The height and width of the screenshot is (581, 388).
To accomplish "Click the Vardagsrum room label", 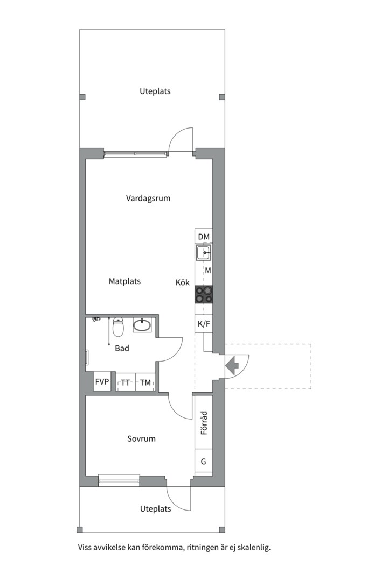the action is (x=148, y=198).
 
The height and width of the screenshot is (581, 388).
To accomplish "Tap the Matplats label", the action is (x=125, y=281).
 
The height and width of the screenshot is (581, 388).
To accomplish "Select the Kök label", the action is (x=183, y=282).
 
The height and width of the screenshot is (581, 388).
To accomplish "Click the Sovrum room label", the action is (x=142, y=439).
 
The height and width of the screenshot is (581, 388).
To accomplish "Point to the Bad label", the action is (x=122, y=348).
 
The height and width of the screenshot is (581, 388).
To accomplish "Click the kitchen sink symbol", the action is (x=204, y=253).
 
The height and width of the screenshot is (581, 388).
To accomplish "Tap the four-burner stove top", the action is (x=204, y=295).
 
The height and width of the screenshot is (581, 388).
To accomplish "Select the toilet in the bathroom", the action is (x=118, y=327).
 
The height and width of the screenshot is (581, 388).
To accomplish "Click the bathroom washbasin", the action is (x=142, y=325).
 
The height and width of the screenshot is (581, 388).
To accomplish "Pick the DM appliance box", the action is (x=204, y=236).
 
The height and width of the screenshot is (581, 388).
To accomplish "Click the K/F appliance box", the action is (x=204, y=324).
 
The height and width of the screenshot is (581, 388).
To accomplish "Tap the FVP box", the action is (x=102, y=381).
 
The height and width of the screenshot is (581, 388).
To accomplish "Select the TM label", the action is (x=145, y=383).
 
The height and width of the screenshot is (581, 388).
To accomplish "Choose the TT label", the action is (x=126, y=383).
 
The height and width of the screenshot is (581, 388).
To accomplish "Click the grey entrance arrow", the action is (x=232, y=365).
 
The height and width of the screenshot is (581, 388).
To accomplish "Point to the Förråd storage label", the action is (x=204, y=423).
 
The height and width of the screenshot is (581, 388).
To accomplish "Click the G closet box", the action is (x=204, y=462).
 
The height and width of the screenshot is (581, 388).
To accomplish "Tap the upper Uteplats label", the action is (x=155, y=91).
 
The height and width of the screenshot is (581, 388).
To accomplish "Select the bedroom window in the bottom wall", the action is (x=119, y=480).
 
